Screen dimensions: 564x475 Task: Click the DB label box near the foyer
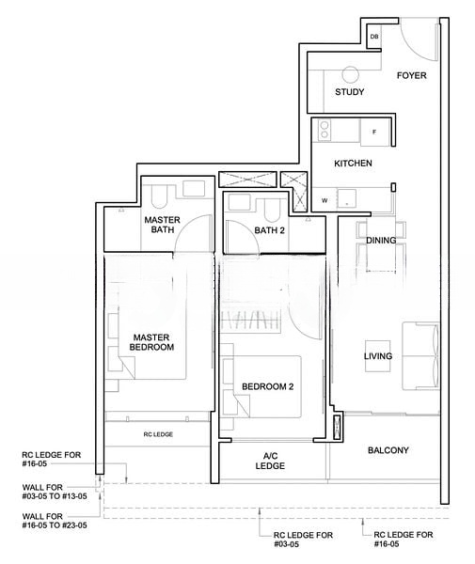click(x=373, y=38)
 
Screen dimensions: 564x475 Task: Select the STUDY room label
click(x=350, y=92)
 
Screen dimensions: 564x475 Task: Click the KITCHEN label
click(x=353, y=164)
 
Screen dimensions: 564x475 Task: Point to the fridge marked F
click(x=373, y=132)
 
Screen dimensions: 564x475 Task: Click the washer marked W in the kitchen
click(x=324, y=200)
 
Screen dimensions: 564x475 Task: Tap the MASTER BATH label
click(x=162, y=226)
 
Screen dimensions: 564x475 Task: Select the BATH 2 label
click(x=269, y=230)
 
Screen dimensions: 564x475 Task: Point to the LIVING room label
click(x=378, y=356)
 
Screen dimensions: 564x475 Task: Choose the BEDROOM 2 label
click(x=267, y=386)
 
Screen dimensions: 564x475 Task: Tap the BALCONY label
click(x=388, y=450)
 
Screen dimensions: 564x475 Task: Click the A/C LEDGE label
click(x=270, y=461)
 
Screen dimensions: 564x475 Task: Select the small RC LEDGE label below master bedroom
click(x=157, y=434)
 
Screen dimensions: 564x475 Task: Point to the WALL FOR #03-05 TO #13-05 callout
click(x=55, y=492)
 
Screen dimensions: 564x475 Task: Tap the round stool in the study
click(x=351, y=76)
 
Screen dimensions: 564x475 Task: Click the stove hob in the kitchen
click(x=325, y=129)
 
